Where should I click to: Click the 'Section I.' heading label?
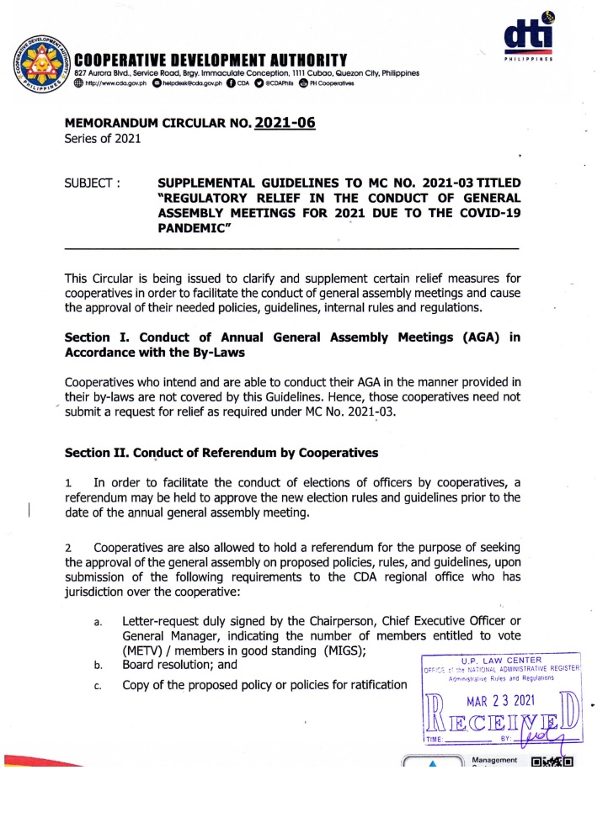[95, 337]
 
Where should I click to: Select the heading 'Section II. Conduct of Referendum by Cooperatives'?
[221, 453]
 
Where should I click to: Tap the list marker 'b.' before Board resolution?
[99, 666]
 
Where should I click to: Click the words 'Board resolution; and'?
[179, 665]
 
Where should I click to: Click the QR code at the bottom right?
[552, 766]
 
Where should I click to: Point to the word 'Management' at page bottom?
[495, 760]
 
